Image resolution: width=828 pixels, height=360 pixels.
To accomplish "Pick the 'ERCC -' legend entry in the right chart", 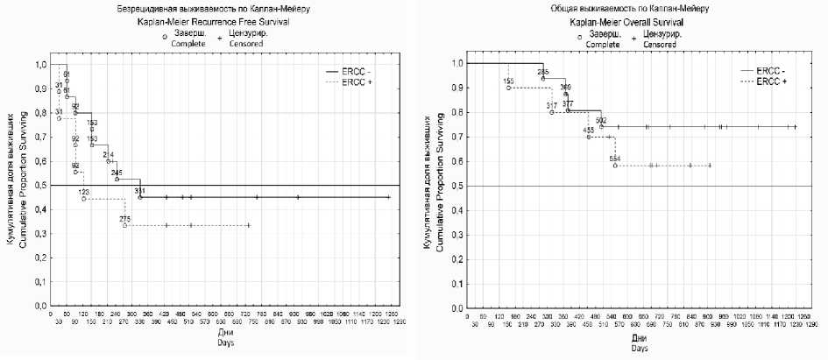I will (770, 70).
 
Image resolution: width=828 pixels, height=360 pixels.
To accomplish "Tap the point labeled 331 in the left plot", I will (139, 197).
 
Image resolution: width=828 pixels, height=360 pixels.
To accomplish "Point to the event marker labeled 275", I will (124, 226).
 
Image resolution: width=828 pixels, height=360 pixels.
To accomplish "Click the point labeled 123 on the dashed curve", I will (84, 199).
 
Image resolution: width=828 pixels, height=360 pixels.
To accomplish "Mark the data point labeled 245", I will (117, 180).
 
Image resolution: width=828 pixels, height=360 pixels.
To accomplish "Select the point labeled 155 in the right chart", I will (508, 88).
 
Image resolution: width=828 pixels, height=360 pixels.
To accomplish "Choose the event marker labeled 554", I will (615, 165).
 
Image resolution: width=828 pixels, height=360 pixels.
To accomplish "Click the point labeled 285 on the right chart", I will (543, 78).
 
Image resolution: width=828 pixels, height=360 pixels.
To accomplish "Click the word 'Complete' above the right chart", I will (602, 41).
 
